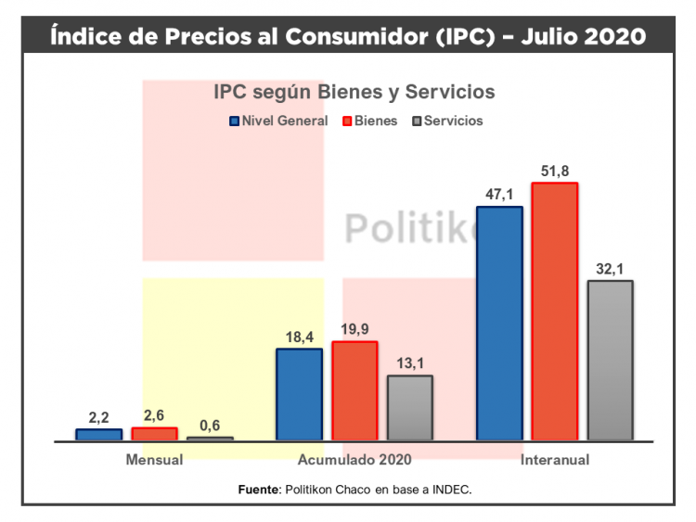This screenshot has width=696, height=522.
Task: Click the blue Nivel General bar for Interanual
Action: point(499,323)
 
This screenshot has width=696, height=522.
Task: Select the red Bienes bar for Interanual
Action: point(555,311)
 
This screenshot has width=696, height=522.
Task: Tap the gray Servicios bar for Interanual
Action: point(611,360)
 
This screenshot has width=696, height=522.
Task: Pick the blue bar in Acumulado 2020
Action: point(299,394)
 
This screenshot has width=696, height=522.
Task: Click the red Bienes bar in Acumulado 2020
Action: point(354,390)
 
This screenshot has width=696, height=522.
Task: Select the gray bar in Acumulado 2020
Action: point(410,407)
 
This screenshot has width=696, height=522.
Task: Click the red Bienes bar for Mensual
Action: point(154,434)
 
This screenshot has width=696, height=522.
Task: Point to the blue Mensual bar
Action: point(98,434)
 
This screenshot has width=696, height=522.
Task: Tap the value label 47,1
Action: point(499,194)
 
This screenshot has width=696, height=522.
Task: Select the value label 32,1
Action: point(611,268)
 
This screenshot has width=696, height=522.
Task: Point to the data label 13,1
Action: point(410,363)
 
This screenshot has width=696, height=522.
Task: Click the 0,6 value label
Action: point(210,425)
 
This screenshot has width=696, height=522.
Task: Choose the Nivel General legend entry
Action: point(278,121)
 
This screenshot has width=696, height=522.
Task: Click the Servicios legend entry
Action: point(447,121)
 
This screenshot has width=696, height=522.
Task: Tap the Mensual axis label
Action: point(154,459)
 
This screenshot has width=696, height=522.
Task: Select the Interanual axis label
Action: point(555,459)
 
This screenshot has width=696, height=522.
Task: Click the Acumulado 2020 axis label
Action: point(354,459)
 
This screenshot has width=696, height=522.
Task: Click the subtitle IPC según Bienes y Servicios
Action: point(354,93)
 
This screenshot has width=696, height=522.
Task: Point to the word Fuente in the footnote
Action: point(258,489)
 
